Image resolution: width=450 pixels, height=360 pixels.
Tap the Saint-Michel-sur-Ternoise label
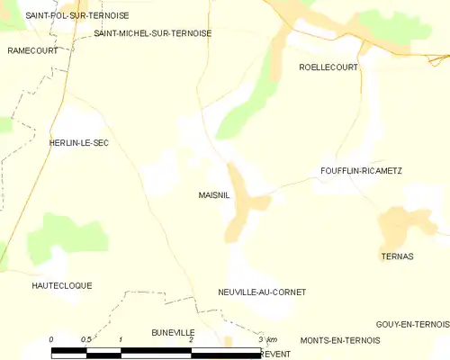pyautogui.click(x=152, y=33)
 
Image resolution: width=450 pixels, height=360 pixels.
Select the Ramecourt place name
pyautogui.click(x=32, y=50)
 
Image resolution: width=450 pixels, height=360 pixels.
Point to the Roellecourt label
pyautogui.click(x=328, y=67)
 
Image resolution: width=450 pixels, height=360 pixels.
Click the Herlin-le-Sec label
pyautogui.click(x=78, y=143)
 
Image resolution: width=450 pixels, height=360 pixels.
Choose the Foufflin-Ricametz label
pyautogui.click(x=361, y=170)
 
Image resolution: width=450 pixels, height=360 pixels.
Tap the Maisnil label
pyautogui.click(x=213, y=193)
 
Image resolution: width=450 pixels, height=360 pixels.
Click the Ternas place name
pyautogui.click(x=397, y=256)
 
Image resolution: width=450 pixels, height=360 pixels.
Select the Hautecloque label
pyautogui.click(x=61, y=285)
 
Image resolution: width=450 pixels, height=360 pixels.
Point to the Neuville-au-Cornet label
pyautogui.click(x=262, y=292)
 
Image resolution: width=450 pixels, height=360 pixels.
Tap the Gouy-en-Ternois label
pyautogui.click(x=412, y=324)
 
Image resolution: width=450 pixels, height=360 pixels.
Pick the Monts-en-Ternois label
pyautogui.click(x=340, y=340)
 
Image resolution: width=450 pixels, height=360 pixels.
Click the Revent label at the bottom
pyautogui.click(x=274, y=355)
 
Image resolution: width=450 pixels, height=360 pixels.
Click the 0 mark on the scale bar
pyautogui.click(x=51, y=339)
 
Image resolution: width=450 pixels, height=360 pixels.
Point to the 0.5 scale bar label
pyautogui.click(x=85, y=339)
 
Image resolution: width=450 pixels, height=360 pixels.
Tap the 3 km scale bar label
pyautogui.click(x=266, y=339)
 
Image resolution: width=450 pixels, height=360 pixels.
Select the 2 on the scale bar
pyautogui.click(x=191, y=339)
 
